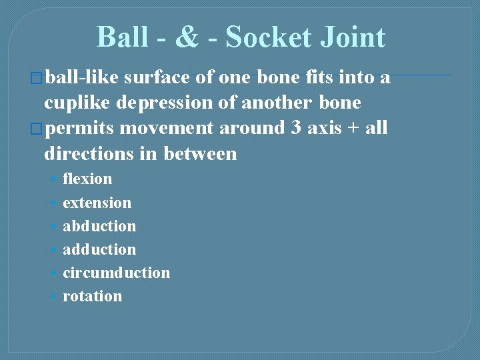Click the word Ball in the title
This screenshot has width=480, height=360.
click(123, 37)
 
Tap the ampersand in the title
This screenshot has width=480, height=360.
click(187, 37)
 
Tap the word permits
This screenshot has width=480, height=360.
click(81, 128)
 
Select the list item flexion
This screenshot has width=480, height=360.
click(87, 179)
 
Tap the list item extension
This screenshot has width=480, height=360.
click(97, 203)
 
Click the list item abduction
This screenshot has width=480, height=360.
click(99, 226)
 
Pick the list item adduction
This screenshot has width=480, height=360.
click(99, 249)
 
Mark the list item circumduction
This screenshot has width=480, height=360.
click(116, 273)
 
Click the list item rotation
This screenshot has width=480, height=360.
click(92, 296)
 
